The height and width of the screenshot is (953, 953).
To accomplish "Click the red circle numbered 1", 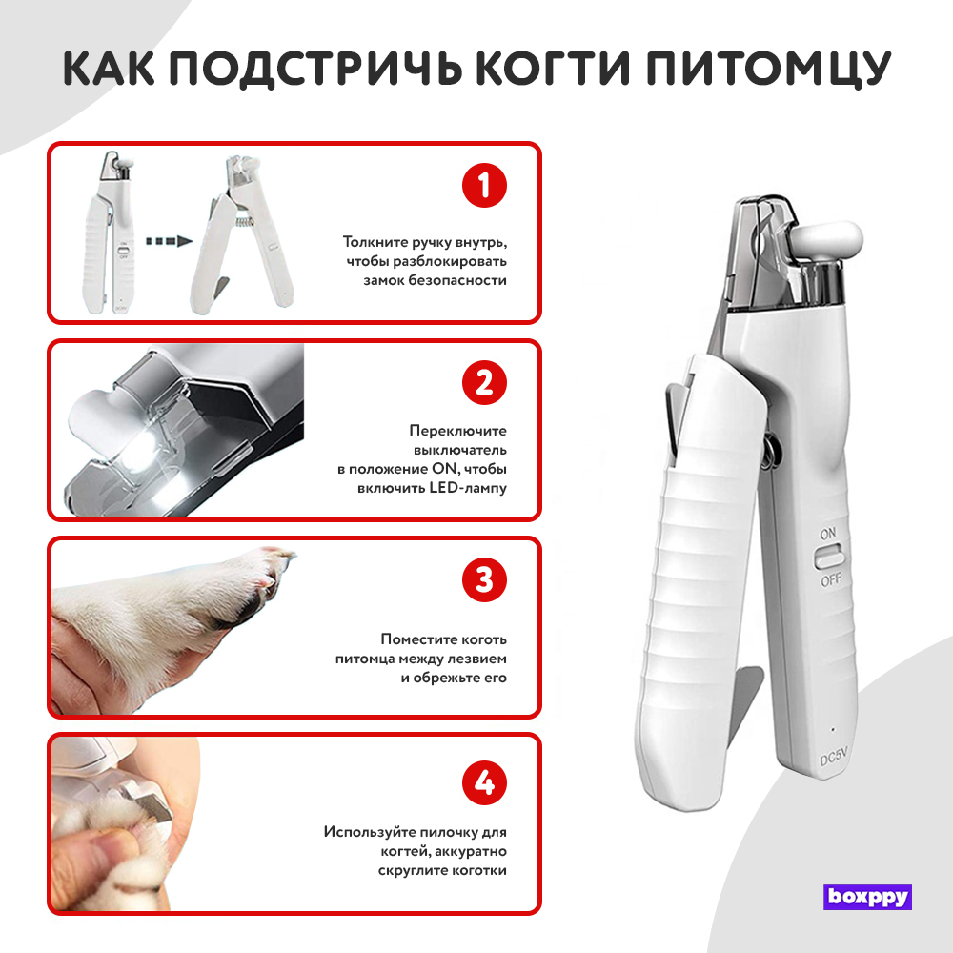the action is coord(484,186).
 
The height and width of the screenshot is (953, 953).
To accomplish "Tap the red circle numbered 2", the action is coord(484,382).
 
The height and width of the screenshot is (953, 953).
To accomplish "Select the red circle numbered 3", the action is coord(484,579).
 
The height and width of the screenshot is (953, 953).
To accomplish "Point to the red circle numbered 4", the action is coord(484,781).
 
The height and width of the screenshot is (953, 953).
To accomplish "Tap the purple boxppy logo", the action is coord(867,897).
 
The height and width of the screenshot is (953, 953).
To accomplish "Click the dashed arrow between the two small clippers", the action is coord(169,241).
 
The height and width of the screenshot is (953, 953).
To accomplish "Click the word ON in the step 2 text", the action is coord(444,469).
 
